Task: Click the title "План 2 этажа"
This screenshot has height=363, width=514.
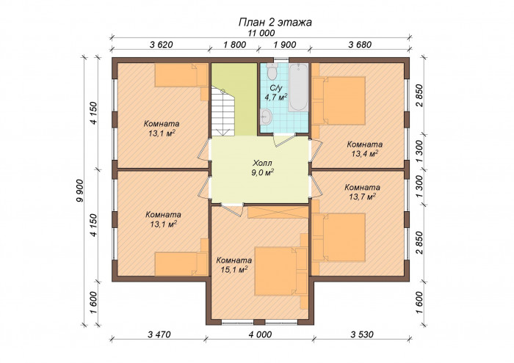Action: pos(275,22)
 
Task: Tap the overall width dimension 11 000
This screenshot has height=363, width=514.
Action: pos(261,33)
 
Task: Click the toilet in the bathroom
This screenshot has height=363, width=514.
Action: pos(272,71)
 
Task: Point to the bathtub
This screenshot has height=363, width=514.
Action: pos(298,87)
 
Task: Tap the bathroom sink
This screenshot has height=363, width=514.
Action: pos(266,117)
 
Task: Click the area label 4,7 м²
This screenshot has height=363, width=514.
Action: pos(276,98)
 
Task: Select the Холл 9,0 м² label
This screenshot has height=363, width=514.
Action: pos(263,168)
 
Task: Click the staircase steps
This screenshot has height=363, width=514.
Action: pos(223,111)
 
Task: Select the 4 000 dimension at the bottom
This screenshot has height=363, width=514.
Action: pos(260,334)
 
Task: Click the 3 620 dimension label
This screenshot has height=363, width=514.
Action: pos(161,45)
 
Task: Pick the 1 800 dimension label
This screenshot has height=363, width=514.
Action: pos(234,45)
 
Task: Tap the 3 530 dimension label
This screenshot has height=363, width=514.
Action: pos(362,334)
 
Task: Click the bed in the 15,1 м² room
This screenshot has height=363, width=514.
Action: pos(281,271)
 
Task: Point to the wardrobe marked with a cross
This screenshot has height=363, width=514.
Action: pos(278,212)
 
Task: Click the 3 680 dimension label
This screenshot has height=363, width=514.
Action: pos(360,45)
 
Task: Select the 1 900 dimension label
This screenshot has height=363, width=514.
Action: pos(285,45)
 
